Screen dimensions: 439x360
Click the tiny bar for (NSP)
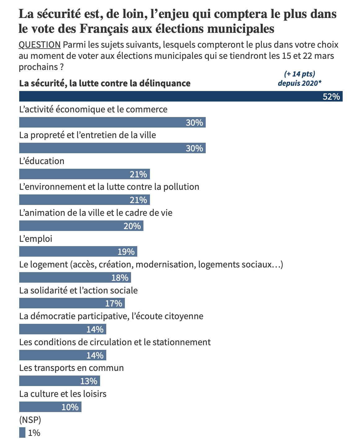pos(22,432)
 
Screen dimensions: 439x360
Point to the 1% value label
pos(34,433)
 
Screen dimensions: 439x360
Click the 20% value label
pos(132,226)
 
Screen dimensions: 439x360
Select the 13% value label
pos(89,381)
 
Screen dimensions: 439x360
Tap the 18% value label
pos(120,278)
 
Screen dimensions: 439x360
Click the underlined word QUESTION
pos(40,45)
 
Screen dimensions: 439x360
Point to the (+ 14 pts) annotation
pos(299,74)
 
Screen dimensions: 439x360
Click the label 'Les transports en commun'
pos(72,368)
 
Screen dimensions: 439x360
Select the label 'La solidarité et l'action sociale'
pos(78,290)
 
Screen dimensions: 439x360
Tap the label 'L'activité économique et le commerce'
pos(93,109)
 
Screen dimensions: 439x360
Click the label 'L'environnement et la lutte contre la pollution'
pos(109,187)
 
